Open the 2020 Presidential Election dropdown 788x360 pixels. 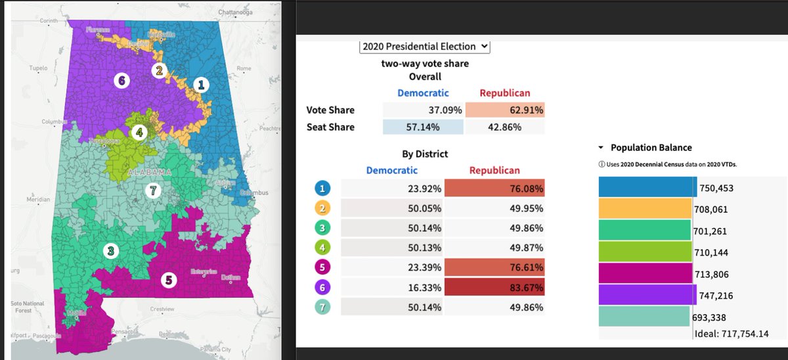coord(425,46)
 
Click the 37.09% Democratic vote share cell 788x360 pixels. coord(423,110)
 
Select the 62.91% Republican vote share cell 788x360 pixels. coord(505,110)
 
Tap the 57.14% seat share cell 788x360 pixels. coord(423,127)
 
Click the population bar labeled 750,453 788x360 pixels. coord(647,187)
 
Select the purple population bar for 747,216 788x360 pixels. coord(647,296)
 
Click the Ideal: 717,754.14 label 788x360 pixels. coord(732,333)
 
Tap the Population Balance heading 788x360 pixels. coord(651,148)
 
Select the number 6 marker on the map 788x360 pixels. coord(121,81)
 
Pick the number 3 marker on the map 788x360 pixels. coord(111,250)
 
